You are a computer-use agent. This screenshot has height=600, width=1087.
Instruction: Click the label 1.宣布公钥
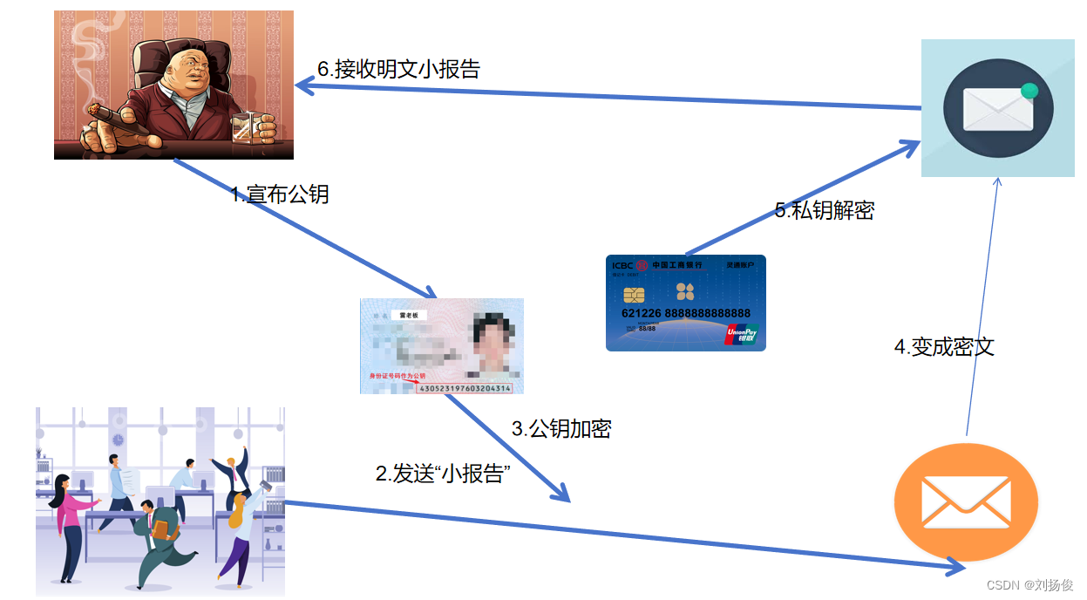(x=280, y=194)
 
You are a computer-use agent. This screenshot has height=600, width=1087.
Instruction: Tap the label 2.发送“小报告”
(x=442, y=474)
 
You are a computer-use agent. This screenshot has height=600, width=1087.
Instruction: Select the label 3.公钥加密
(x=560, y=428)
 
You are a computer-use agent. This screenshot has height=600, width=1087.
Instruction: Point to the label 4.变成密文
(x=944, y=346)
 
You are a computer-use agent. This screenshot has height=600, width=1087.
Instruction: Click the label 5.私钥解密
(x=825, y=210)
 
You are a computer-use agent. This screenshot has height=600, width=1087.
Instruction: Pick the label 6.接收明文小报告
(x=399, y=69)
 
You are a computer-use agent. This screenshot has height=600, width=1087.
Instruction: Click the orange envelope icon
(x=966, y=502)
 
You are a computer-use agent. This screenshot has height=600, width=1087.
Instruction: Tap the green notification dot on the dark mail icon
(x=1029, y=91)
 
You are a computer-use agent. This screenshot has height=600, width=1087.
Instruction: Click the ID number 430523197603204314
(x=465, y=387)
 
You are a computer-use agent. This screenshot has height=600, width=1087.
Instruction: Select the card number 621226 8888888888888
(x=686, y=313)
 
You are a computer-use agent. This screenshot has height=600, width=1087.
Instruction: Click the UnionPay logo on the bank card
(x=741, y=334)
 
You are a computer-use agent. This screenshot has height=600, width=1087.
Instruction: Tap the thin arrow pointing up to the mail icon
(x=983, y=305)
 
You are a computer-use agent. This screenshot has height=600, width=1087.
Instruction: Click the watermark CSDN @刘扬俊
(x=1029, y=585)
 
